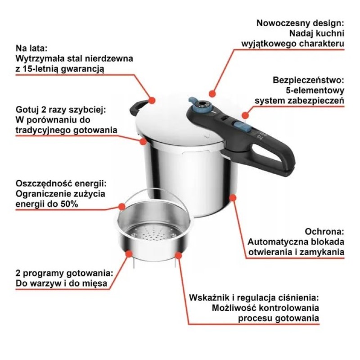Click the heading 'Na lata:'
click(x=31, y=48)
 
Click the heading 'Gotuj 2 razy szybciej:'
click(x=63, y=109)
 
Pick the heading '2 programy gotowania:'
click(x=63, y=273)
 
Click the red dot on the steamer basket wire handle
click(x=122, y=207)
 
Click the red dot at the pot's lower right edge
click(x=233, y=197)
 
